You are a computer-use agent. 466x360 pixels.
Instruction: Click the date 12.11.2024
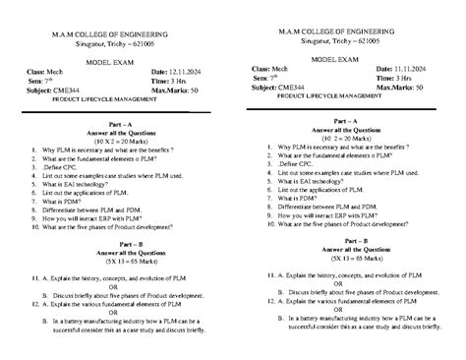(187, 72)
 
